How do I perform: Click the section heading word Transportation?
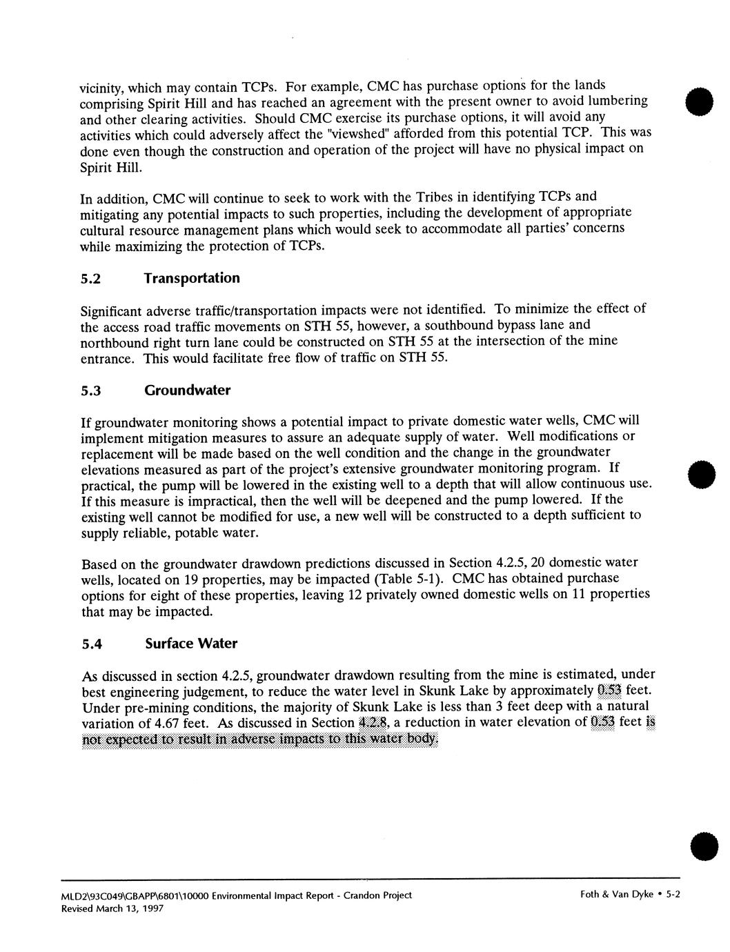[192, 278]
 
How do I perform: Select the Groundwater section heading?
[187, 390]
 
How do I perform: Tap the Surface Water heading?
[190, 644]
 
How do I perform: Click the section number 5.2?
[91, 279]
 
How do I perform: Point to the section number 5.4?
[91, 645]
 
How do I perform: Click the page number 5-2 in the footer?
[673, 895]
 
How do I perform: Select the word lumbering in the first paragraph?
[615, 101]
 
